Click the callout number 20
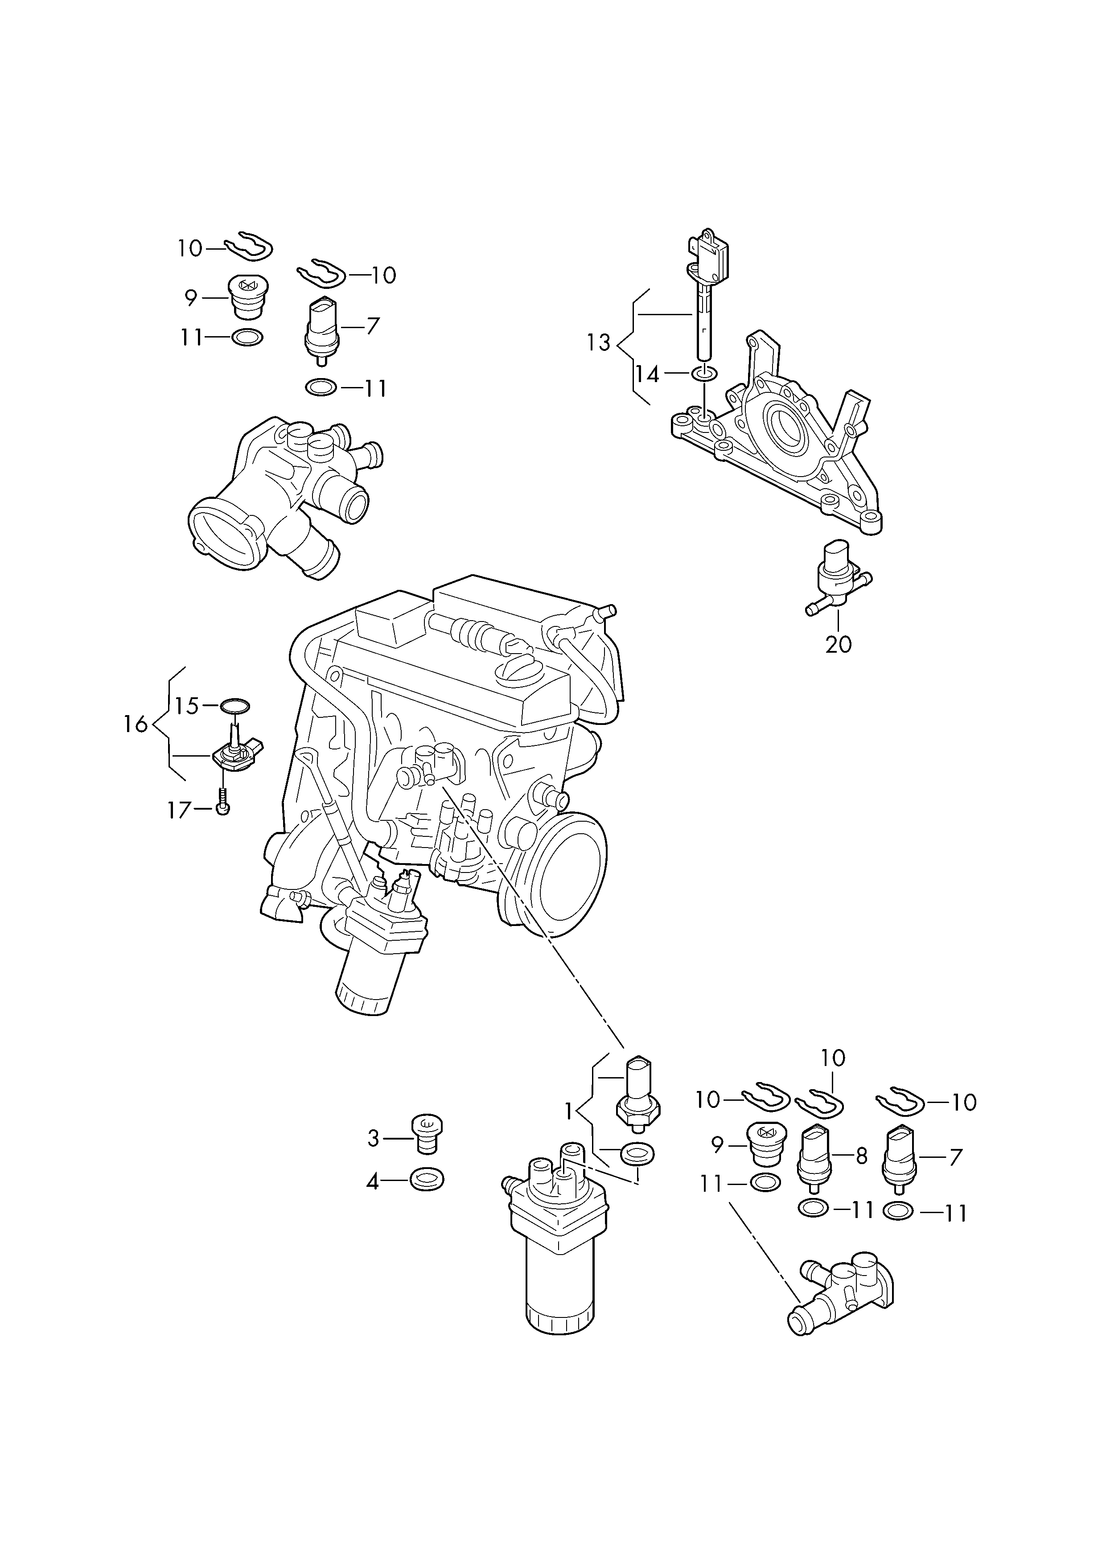coord(839,644)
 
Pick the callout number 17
coord(179,810)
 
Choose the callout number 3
coord(373,1138)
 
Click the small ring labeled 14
coord(704,373)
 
